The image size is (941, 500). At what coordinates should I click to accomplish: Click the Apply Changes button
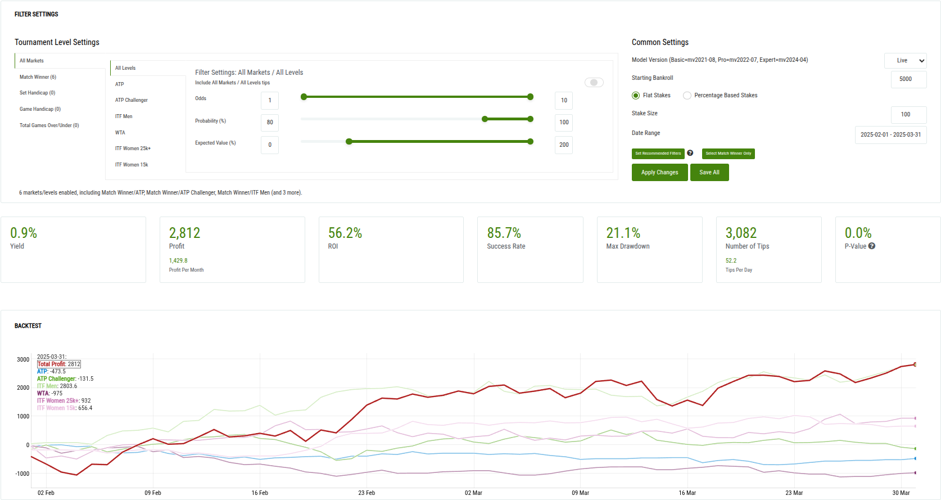pos(659,173)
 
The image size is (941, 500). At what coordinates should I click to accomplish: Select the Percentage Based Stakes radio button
pos(687,96)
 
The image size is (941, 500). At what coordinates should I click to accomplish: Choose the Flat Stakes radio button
pos(636,96)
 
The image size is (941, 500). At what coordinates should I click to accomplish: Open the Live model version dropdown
pos(905,61)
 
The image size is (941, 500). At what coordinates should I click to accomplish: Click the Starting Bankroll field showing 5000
pos(908,79)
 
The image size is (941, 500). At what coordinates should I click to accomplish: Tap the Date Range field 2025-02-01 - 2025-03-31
pos(890,135)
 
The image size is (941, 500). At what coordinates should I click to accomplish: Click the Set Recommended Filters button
pos(658,154)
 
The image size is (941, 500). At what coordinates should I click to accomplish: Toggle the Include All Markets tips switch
pos(594,83)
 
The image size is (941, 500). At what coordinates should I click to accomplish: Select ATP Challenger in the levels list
pos(132,100)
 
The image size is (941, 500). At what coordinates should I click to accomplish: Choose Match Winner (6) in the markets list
pos(38,77)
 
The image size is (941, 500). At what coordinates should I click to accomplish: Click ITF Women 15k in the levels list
pos(132,165)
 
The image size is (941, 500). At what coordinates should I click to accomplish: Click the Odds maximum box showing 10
pos(563,101)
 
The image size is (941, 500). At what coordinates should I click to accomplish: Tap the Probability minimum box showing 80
pos(270,123)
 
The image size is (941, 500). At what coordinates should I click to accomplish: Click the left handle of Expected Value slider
pos(349,142)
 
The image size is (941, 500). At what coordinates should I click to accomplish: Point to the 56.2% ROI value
pos(345,233)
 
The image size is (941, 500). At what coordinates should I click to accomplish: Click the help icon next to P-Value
pos(872,246)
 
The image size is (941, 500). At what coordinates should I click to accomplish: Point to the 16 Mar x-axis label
pos(687,493)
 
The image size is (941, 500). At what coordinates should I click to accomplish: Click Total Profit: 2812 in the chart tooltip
pos(59,364)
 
